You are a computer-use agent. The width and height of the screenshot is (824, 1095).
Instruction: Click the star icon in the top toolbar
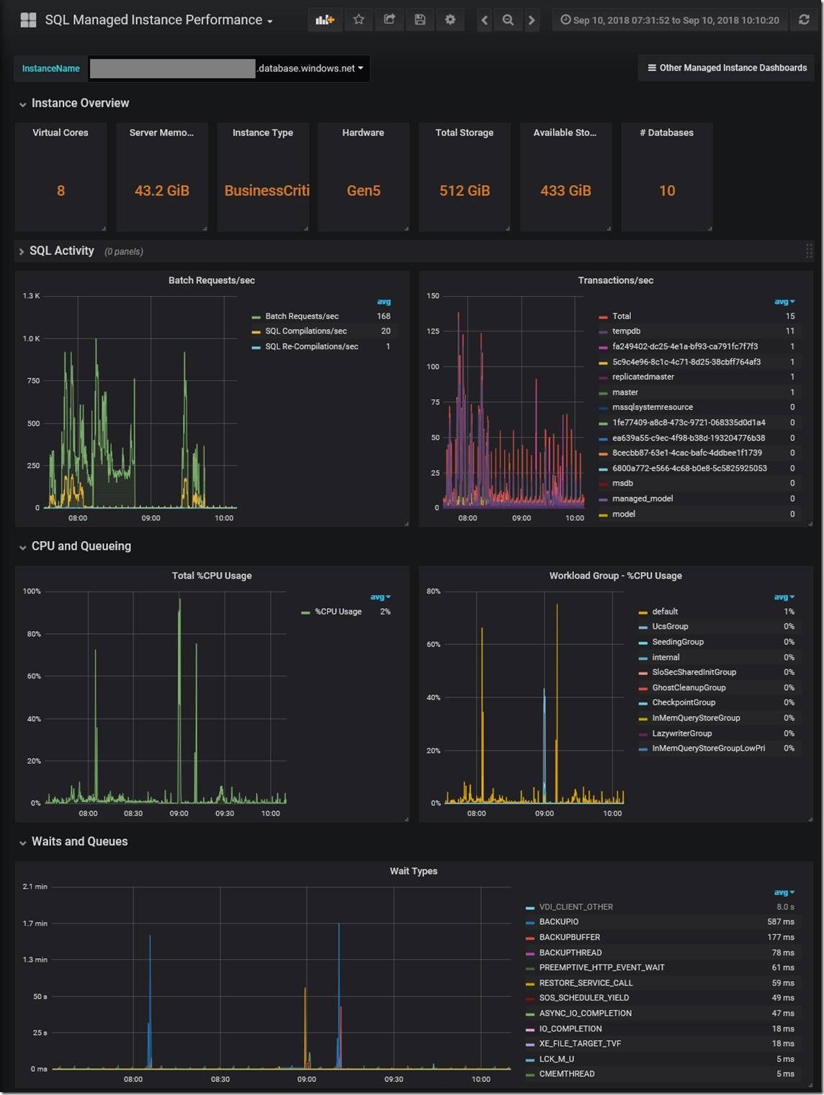coord(359,20)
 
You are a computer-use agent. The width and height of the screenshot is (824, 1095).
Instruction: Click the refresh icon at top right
coord(804,20)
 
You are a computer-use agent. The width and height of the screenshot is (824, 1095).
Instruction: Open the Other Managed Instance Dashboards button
coord(727,68)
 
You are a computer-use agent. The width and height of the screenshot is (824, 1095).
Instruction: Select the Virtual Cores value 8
coord(61,191)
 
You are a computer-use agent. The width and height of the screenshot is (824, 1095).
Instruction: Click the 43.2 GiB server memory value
coord(161,191)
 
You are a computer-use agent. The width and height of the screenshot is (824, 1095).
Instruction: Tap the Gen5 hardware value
coord(363,191)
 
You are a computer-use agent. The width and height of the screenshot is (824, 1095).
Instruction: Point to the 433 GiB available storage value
coord(565,191)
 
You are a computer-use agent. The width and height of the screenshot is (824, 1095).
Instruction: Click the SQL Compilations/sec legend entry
coord(305,331)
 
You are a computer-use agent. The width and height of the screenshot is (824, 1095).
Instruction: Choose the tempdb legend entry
coord(626,331)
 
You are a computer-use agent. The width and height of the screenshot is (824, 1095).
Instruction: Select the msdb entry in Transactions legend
coord(622,483)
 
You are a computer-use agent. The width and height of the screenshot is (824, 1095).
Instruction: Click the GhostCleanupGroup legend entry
coord(689,688)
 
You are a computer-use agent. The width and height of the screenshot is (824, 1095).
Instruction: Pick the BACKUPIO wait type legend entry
coord(558,922)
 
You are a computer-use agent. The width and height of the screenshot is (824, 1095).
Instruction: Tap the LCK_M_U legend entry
coord(556,1059)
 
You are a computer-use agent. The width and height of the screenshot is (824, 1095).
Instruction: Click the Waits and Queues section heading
coord(79,841)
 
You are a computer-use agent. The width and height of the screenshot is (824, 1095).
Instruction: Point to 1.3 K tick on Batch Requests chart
coord(31,296)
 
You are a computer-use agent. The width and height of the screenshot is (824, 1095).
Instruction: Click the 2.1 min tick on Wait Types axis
coord(35,887)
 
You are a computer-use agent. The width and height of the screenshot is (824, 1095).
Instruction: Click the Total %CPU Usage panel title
coord(212,576)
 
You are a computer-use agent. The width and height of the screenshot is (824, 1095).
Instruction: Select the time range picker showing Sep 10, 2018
coord(669,20)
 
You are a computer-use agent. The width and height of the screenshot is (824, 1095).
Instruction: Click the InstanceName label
coord(50,68)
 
